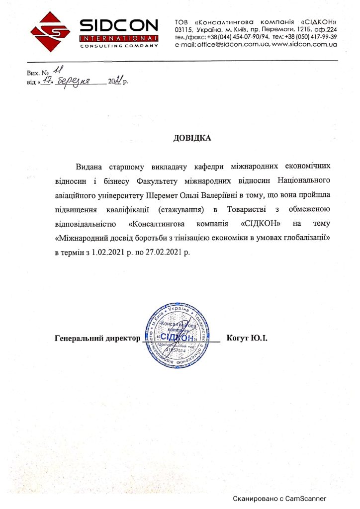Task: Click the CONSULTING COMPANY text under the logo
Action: [x=119, y=45]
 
